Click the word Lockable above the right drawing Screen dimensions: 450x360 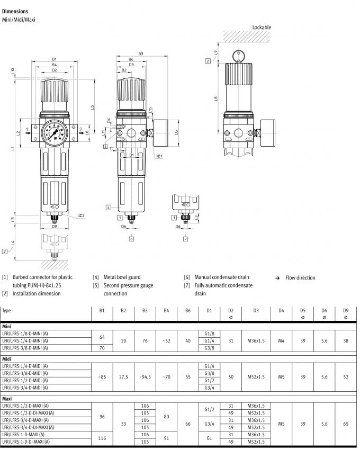(262, 27)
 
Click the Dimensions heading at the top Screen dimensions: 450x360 (15, 11)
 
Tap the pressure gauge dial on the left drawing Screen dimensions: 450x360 (54, 132)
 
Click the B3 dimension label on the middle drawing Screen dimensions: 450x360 (141, 53)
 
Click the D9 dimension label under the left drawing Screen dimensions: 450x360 (54, 226)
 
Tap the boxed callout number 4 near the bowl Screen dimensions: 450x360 (108, 207)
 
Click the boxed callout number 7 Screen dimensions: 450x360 (186, 239)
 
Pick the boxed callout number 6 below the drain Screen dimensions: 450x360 (131, 239)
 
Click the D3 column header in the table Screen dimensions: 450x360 (255, 311)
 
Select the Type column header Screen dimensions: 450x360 (7, 311)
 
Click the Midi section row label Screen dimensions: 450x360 (7, 359)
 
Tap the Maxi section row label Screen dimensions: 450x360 (8, 399)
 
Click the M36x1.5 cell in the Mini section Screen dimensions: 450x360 (255, 340)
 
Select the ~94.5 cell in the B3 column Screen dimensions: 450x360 (145, 377)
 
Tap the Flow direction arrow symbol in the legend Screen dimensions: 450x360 (277, 278)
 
